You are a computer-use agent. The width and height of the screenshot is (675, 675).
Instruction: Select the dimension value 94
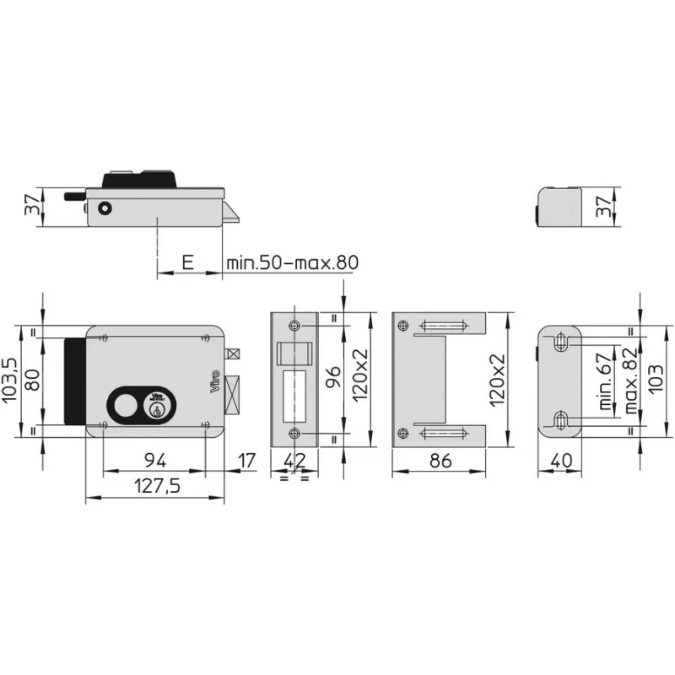153,461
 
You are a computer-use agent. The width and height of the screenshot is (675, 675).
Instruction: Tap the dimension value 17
246,461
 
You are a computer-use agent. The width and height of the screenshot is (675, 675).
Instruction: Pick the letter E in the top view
187,262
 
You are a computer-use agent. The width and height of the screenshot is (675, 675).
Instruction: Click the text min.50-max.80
292,262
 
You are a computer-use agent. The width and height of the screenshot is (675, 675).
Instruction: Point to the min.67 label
605,381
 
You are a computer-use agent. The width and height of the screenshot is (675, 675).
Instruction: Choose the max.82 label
629,381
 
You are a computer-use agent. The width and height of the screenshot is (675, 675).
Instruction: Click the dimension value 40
561,461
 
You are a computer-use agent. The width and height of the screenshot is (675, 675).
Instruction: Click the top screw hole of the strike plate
294,327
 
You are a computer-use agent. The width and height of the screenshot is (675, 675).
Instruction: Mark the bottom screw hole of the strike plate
294,433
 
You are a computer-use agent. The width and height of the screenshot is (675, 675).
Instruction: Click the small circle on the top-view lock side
104,208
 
